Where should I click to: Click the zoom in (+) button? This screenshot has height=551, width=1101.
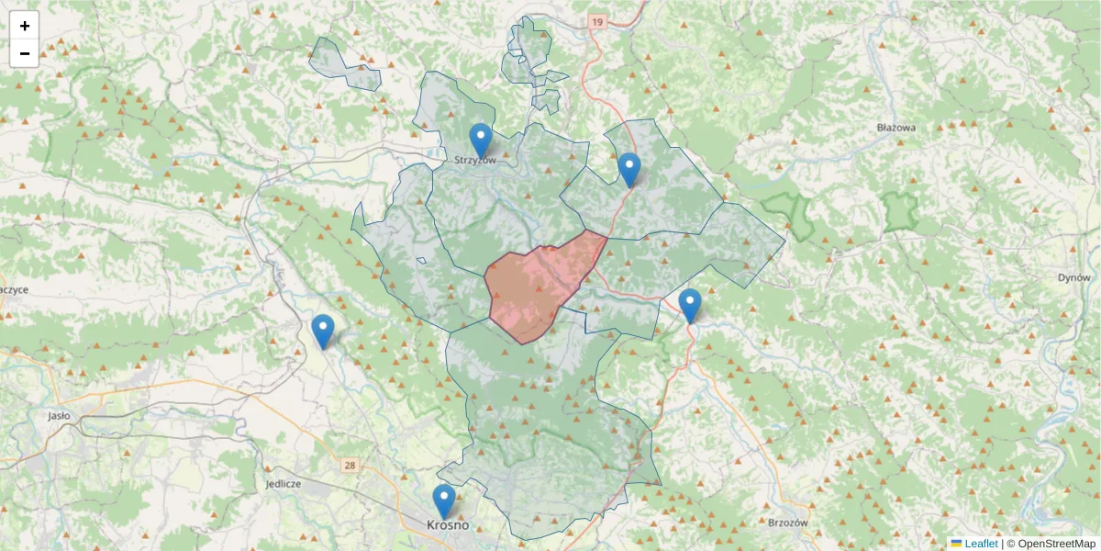(25, 26)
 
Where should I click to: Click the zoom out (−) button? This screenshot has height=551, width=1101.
(25, 53)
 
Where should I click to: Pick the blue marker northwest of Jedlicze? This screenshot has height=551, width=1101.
(322, 332)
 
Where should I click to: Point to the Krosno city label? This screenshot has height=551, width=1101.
(448, 525)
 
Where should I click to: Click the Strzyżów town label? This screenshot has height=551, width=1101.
(475, 160)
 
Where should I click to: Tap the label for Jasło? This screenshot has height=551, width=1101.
(60, 415)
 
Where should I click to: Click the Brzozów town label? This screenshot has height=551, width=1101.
(787, 522)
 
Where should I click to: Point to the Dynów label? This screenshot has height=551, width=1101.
(1073, 277)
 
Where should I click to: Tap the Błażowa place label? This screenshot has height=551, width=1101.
(895, 128)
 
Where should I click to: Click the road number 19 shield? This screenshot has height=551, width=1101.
(598, 21)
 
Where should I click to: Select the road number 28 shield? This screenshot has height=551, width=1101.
(350, 466)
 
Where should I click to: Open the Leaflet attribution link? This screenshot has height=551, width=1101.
(980, 544)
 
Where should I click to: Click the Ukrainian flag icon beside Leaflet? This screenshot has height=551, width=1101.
(956, 544)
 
